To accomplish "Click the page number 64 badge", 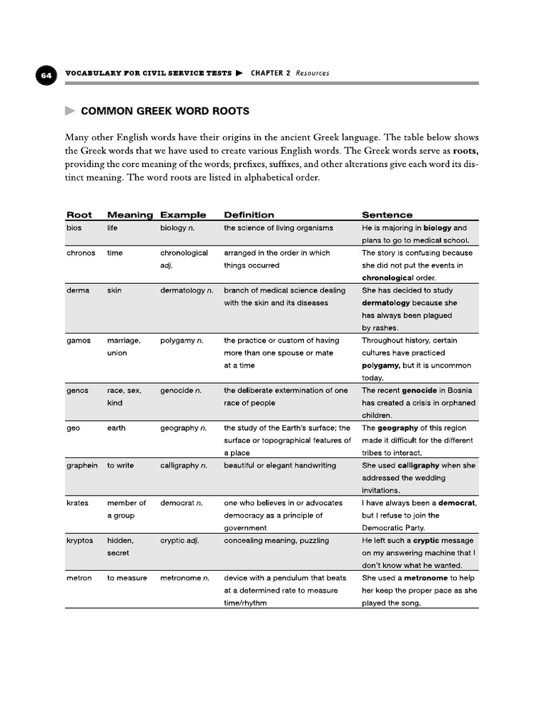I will click(x=46, y=75).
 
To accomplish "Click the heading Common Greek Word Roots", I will click(x=165, y=111).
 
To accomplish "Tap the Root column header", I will click(x=79, y=215).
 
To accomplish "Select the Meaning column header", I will click(x=130, y=215).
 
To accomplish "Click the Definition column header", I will click(x=249, y=215).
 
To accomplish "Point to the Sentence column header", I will click(x=387, y=215).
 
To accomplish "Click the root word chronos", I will click(x=81, y=253).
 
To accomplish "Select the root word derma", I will click(x=78, y=290).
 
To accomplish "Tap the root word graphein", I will click(x=82, y=465).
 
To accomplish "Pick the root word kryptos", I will click(x=80, y=540).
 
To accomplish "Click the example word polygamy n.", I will click(x=182, y=341).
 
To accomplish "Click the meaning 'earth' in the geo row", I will click(x=117, y=428).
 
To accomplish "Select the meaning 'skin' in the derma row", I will click(x=115, y=290).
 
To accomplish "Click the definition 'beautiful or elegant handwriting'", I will click(x=280, y=465).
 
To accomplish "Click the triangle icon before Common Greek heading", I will click(x=69, y=111).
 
